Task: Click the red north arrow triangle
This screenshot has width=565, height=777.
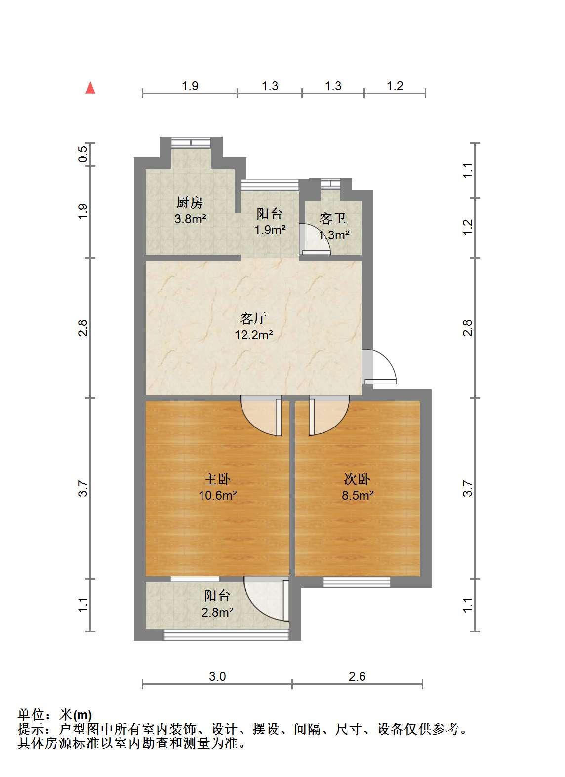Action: pos(90,88)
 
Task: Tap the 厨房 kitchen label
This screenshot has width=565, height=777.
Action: pos(189,202)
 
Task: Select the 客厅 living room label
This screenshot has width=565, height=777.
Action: pos(253,318)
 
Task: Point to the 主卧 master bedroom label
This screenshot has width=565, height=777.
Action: pos(217,479)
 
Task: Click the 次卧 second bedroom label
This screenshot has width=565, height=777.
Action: pos(357,479)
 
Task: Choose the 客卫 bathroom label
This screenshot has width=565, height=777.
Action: pos(333,219)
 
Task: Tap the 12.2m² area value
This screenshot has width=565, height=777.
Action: pos(254,335)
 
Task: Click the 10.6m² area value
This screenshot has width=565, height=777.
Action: pos(218,495)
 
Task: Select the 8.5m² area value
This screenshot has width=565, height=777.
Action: pos(358,495)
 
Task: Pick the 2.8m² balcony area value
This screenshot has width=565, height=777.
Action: pos(217,612)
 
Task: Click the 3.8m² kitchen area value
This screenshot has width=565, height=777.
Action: pos(190,219)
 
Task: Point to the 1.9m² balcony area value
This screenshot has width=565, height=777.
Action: pos(270,230)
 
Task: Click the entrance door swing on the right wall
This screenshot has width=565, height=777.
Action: pos(379,366)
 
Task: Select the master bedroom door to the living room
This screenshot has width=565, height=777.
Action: pos(261,416)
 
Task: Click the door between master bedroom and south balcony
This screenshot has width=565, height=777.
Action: pos(267,598)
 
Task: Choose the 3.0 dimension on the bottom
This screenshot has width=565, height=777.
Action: pos(218,676)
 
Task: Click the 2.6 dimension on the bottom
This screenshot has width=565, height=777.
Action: pos(358,676)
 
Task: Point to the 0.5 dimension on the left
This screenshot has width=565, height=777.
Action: pos(82,154)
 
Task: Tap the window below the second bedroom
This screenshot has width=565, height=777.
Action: pos(357,582)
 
